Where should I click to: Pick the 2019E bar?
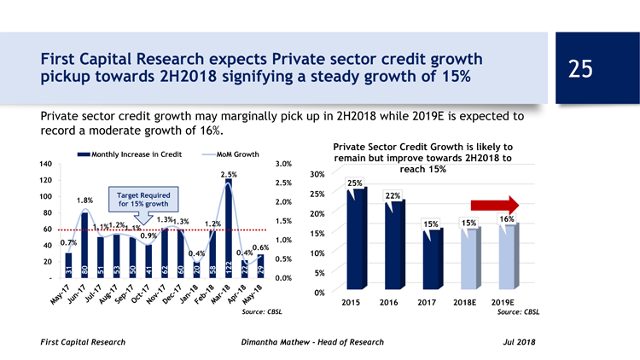(x=506, y=256)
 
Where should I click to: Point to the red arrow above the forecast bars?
(x=509, y=204)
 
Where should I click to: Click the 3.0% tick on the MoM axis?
(x=286, y=164)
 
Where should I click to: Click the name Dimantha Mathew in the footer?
(x=274, y=342)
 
